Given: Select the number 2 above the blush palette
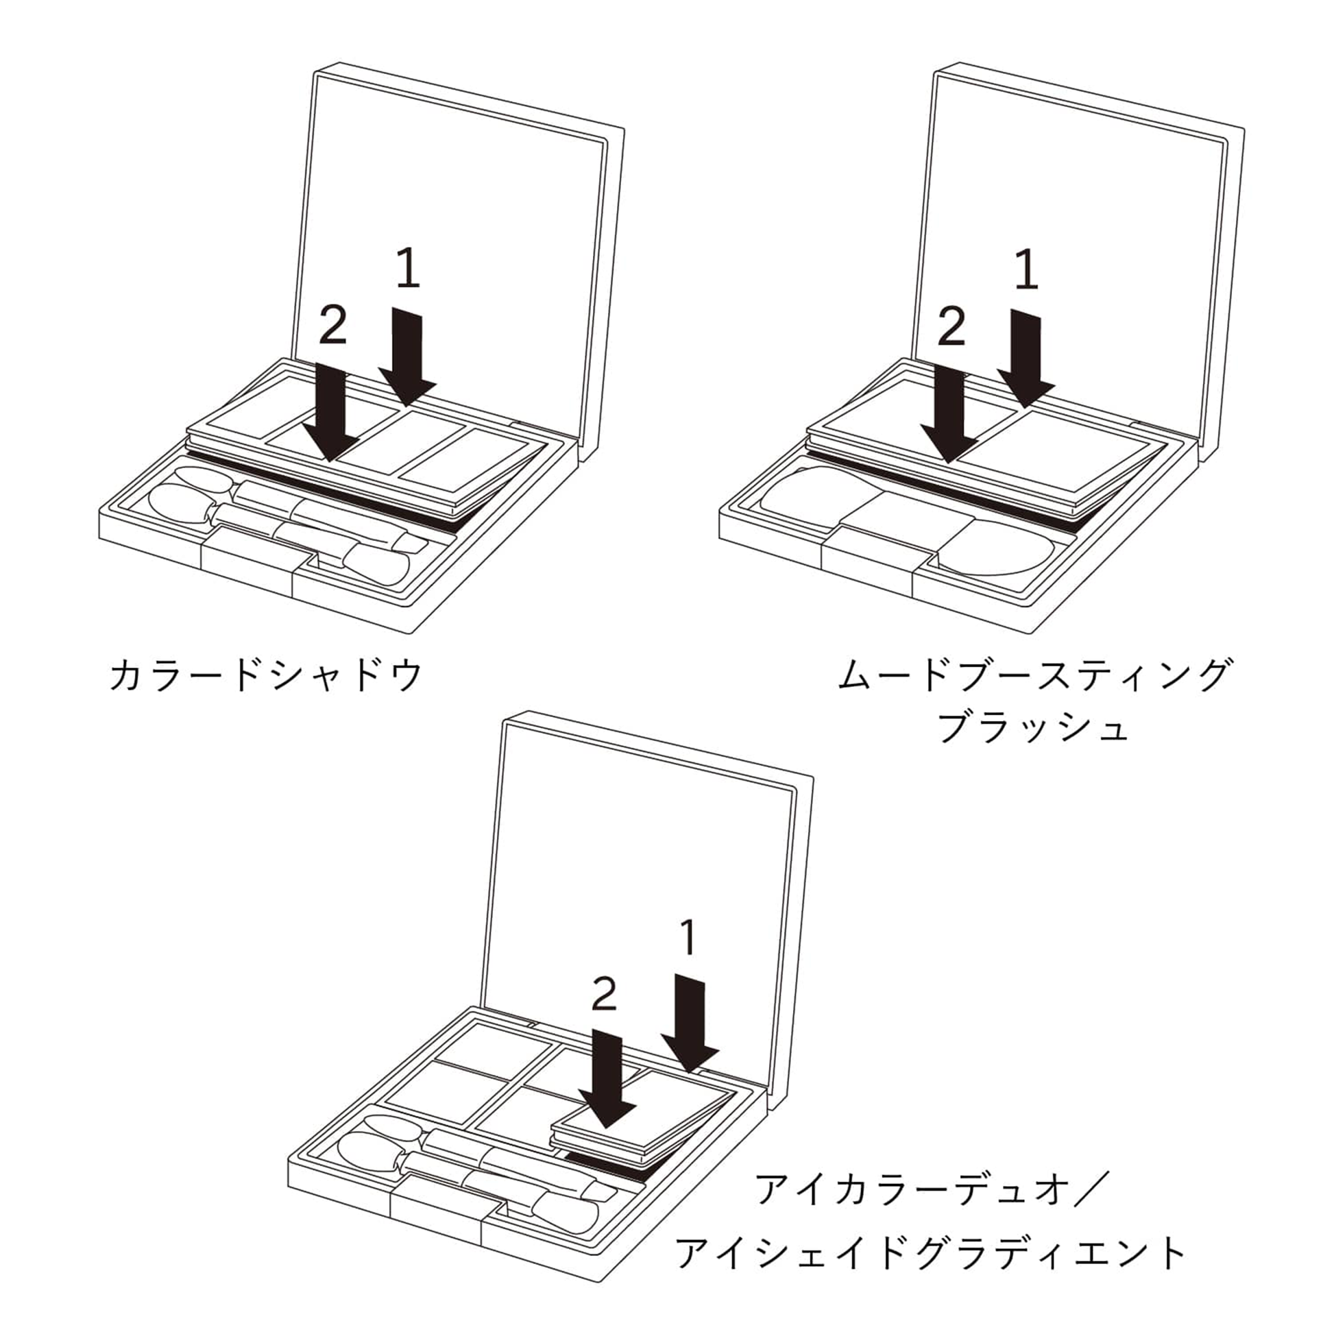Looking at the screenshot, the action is point(951,327).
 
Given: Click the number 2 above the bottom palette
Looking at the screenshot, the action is point(605,993).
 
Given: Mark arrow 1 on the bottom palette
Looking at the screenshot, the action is point(689,1024).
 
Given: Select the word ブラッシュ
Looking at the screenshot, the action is point(1034,727).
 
